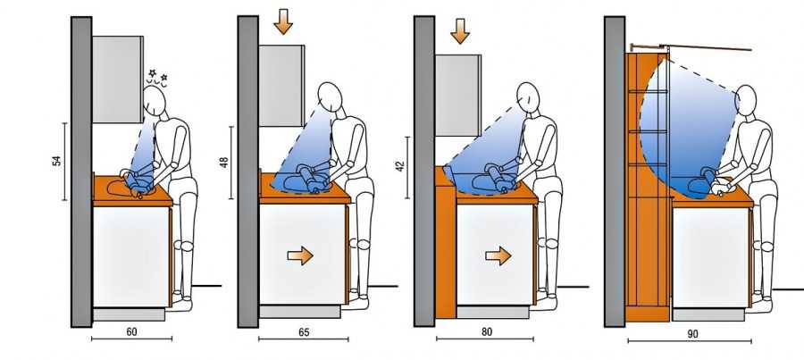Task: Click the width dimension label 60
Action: pyautogui.click(x=132, y=331)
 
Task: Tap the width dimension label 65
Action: pyautogui.click(x=304, y=331)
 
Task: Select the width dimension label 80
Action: pyautogui.click(x=487, y=331)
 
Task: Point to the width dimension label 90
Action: pyautogui.click(x=692, y=334)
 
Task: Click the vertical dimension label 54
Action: pyautogui.click(x=57, y=161)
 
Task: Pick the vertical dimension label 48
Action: pyautogui.click(x=223, y=163)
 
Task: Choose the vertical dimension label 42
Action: pyautogui.click(x=400, y=166)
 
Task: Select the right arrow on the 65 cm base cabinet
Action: pyautogui.click(x=300, y=255)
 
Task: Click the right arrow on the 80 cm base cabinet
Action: pyautogui.click(x=498, y=255)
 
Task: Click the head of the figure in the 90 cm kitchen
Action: pyautogui.click(x=746, y=101)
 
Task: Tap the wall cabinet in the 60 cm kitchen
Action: pyautogui.click(x=117, y=79)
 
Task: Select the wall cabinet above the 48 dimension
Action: pyautogui.click(x=281, y=86)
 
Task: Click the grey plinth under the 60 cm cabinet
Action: pyautogui.click(x=129, y=314)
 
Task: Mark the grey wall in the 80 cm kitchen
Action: pyautogui.click(x=424, y=171)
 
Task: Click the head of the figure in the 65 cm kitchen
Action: pyautogui.click(x=330, y=98)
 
